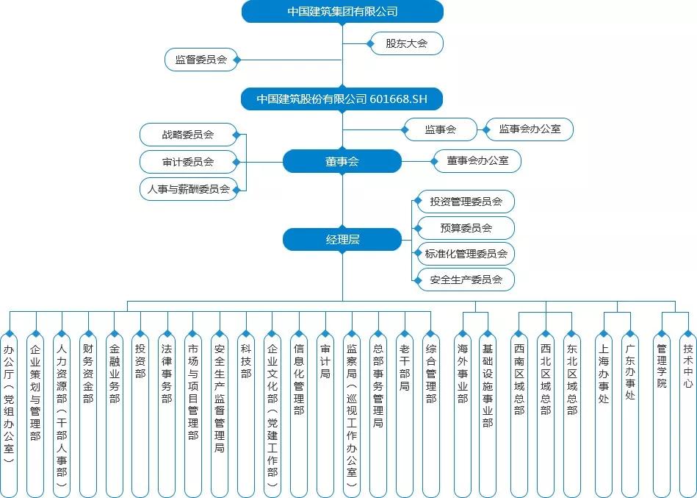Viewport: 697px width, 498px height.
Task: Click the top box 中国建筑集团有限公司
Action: pyautogui.click(x=342, y=12)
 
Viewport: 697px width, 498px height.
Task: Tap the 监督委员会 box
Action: pyautogui.click(x=201, y=60)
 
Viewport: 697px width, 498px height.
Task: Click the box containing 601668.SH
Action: pyautogui.click(x=342, y=99)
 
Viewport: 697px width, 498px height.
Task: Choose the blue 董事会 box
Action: pyautogui.click(x=342, y=161)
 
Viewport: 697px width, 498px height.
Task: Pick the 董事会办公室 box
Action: pyautogui.click(x=477, y=161)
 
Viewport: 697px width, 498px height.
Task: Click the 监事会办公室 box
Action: pyautogui.click(x=530, y=129)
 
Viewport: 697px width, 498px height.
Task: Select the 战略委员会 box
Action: pyautogui.click(x=189, y=135)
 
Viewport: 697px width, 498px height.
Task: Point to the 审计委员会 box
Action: pyautogui.click(x=189, y=162)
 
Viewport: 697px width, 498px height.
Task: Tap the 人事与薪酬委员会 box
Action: pyautogui.click(x=189, y=189)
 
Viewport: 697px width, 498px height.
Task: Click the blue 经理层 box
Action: pyautogui.click(x=342, y=240)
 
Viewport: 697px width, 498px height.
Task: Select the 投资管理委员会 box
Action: pyautogui.click(x=466, y=202)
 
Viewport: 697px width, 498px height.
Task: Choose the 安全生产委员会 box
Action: pyautogui.click(x=466, y=280)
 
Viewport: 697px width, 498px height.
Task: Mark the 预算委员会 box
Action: pyautogui.click(x=466, y=228)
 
